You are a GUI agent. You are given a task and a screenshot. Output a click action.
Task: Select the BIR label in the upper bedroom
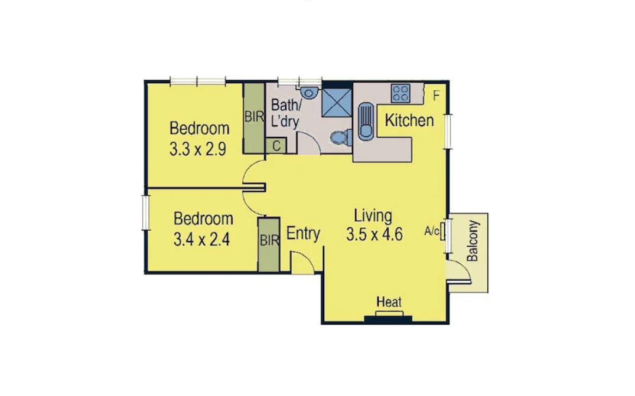[254, 116]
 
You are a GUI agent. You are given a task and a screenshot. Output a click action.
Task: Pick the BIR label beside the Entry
[269, 240]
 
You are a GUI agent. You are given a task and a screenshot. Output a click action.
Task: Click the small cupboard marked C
[276, 146]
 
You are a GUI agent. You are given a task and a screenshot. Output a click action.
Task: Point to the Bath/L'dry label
[285, 113]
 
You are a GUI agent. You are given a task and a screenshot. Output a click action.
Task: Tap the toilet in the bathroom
[340, 137]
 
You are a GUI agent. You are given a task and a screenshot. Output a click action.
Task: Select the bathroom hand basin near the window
[308, 93]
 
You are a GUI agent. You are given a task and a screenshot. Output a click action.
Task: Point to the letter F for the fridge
[436, 95]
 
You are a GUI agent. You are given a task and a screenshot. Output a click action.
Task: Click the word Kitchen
[409, 121]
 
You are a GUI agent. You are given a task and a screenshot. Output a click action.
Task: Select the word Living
[373, 215]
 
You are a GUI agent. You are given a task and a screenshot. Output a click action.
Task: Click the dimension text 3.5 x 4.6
[375, 234]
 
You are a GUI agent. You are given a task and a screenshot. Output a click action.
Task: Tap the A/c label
[432, 231]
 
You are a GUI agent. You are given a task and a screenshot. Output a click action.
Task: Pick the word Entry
[303, 234]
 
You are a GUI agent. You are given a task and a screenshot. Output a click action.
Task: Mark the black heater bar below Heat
[388, 319]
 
